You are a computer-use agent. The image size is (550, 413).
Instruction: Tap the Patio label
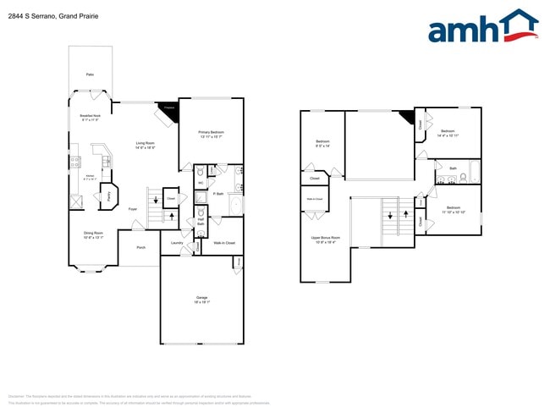[x=90, y=75]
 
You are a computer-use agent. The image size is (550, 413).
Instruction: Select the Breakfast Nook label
[x=90, y=118]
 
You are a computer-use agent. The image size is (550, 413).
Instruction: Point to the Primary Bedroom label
[x=211, y=134]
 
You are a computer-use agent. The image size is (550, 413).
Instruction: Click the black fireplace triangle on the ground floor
[x=168, y=107]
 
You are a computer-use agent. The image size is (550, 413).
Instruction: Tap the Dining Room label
[x=93, y=234]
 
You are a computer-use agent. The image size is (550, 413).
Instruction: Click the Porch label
[x=140, y=248]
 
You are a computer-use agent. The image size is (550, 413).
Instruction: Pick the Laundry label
[x=177, y=243]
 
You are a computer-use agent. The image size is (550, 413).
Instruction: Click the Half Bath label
[x=201, y=222]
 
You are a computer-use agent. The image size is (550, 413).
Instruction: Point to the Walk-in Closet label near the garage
[x=223, y=243]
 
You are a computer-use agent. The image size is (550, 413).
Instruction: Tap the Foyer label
[x=133, y=208]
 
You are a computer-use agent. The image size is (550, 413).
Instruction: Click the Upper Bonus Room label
[x=325, y=240]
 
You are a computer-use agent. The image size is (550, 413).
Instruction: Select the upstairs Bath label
[x=453, y=168]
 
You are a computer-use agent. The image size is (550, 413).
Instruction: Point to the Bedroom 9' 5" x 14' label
[x=322, y=143]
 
